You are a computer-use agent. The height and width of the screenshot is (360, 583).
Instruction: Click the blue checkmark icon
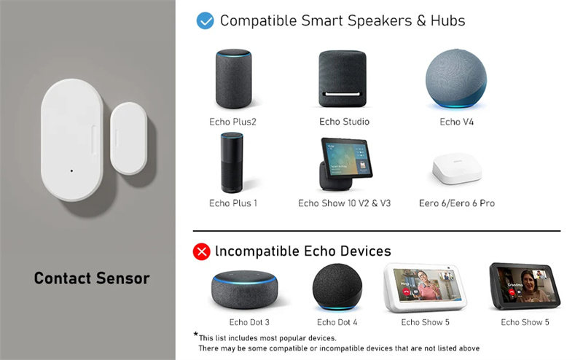tap(205, 21)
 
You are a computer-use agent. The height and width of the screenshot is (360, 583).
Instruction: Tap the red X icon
tap(202, 251)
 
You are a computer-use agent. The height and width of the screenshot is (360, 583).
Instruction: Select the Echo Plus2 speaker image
tap(233, 79)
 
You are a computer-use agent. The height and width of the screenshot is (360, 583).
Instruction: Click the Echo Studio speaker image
tap(343, 79)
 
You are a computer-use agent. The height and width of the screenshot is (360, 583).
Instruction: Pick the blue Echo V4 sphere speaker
tap(456, 79)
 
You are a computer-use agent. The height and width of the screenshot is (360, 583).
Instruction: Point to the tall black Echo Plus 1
tap(232, 163)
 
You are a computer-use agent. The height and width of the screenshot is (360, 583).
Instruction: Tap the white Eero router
tap(457, 169)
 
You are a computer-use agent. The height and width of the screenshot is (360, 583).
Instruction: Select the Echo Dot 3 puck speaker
tap(244, 290)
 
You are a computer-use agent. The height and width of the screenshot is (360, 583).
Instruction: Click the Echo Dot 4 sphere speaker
tap(337, 286)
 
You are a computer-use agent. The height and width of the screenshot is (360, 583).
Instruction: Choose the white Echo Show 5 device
tap(425, 287)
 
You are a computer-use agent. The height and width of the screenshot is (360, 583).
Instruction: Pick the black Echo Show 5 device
tap(525, 286)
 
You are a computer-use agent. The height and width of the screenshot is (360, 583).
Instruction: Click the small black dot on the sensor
tap(71, 171)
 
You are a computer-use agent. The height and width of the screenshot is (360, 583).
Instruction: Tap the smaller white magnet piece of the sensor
tap(129, 138)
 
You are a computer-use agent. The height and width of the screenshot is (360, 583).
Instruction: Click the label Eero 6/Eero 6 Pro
tap(457, 203)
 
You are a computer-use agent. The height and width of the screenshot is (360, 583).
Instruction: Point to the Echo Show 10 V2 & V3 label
tap(344, 203)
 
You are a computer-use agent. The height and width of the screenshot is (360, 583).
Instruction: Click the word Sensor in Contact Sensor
tap(123, 278)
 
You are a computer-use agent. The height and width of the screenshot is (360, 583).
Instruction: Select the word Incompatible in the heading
tap(257, 251)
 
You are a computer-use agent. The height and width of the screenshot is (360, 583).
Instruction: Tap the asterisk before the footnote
tap(195, 334)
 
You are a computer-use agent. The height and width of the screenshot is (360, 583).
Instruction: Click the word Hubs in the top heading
tap(447, 21)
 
